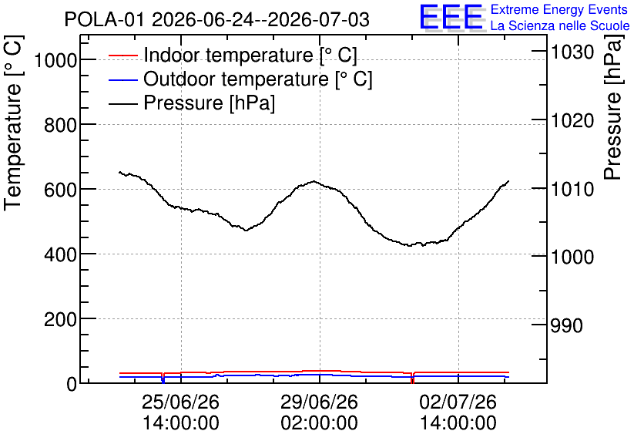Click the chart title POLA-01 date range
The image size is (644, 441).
coord(217,19)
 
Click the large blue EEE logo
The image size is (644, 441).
coord(451,17)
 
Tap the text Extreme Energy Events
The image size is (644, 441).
coord(559,9)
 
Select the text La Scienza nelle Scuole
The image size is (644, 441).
coord(560,25)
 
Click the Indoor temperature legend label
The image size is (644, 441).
coord(250,55)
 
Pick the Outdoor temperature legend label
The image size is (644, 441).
coord(258,79)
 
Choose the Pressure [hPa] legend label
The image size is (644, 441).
coord(209,103)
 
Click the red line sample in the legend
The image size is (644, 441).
coord(122,55)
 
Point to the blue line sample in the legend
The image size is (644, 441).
coord(122,79)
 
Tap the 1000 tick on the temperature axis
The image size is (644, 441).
coord(55,61)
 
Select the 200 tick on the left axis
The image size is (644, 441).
coord(60,320)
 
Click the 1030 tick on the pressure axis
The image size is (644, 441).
coord(572,52)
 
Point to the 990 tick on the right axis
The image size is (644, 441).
coord(566,325)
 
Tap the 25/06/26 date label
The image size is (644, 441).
coord(181,402)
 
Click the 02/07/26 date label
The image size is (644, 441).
coord(458,402)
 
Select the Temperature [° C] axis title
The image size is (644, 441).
coord(13,123)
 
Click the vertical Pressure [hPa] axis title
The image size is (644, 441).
coord(613,107)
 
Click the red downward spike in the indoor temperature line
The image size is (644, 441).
coord(412,378)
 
